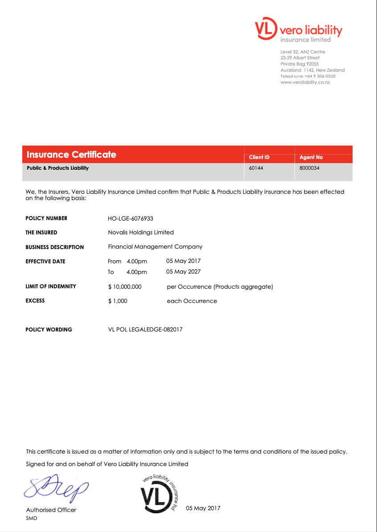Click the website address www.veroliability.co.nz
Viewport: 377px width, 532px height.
(305, 82)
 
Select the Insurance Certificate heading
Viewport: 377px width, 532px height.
(71, 155)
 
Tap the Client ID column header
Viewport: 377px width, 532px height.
(259, 157)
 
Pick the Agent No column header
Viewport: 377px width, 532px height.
(311, 157)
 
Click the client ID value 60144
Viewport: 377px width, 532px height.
(256, 168)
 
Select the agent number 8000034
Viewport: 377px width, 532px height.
(309, 168)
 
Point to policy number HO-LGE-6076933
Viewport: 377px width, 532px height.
(131, 218)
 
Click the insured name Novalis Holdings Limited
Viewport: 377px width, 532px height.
(141, 232)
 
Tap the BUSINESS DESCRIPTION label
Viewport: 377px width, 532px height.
(54, 247)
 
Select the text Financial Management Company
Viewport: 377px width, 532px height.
(155, 246)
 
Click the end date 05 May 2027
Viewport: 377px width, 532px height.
(183, 271)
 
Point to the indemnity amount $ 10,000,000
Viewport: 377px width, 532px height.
(125, 286)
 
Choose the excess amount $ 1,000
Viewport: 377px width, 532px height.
(118, 301)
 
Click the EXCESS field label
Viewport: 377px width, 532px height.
(35, 301)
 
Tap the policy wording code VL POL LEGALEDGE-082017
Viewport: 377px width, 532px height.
(145, 330)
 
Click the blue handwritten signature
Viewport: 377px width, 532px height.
(56, 487)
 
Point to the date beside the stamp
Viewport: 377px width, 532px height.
(203, 508)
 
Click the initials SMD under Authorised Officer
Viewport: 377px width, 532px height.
(32, 518)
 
